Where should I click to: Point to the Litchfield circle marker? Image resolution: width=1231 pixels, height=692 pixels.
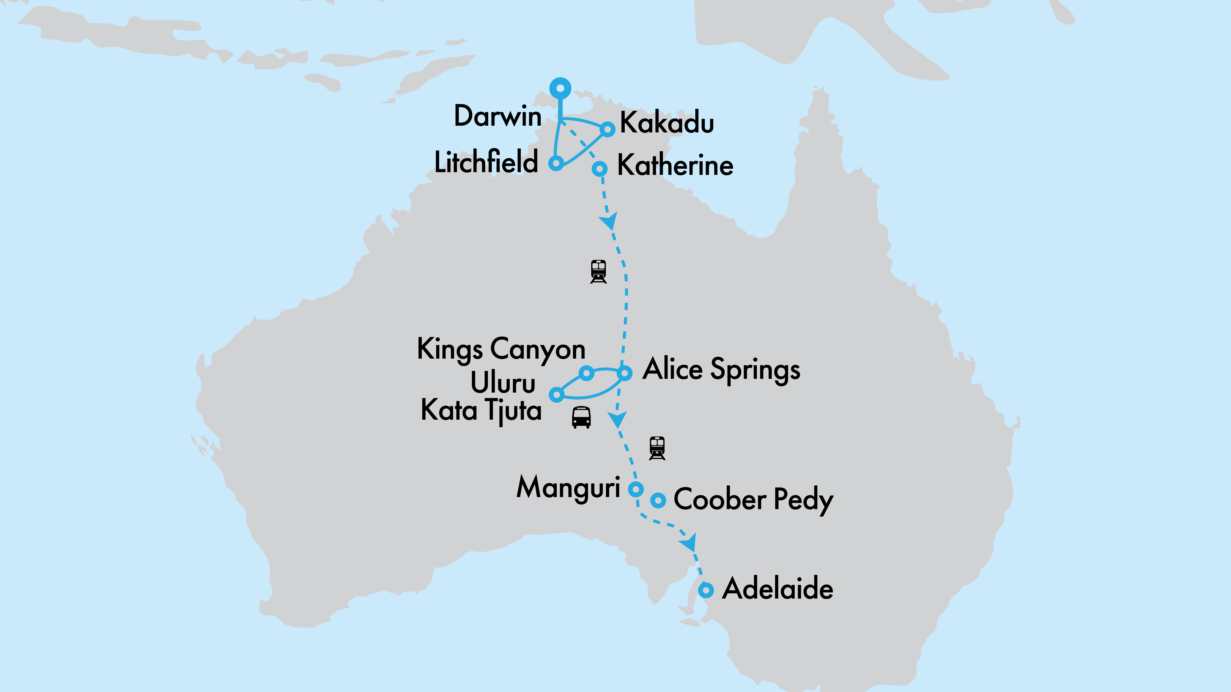click(x=556, y=163)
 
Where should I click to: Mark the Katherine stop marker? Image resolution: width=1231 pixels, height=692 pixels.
click(x=600, y=169)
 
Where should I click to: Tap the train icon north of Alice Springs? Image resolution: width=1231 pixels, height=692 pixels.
click(x=598, y=271)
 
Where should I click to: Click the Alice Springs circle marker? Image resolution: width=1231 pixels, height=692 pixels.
click(x=625, y=373)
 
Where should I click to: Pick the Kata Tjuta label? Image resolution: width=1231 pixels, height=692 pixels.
click(x=481, y=410)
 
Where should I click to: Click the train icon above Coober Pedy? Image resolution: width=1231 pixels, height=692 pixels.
click(x=657, y=448)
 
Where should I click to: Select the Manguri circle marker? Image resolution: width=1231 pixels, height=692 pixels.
click(x=635, y=489)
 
